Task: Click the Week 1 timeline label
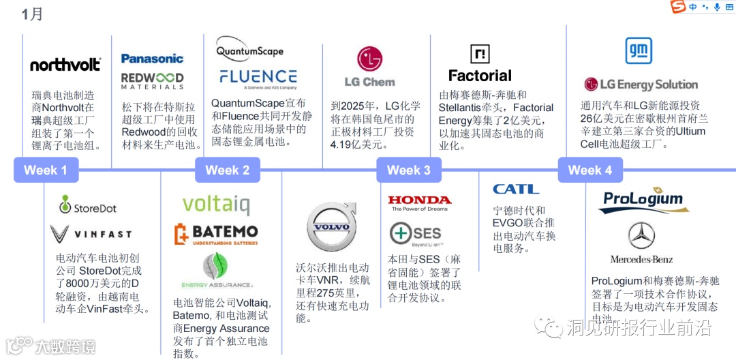coord(46,170)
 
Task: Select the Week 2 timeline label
coord(228,170)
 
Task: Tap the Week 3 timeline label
coord(409,170)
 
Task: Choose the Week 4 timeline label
coord(590,170)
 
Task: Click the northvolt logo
coord(65,65)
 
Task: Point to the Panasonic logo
coord(153,59)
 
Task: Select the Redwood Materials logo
coord(153,80)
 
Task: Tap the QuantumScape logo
coord(249,50)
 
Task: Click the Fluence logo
coord(258,77)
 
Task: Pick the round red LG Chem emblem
coord(370,59)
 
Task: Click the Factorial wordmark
coord(480,76)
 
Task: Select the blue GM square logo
coord(639,51)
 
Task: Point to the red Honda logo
coord(420,200)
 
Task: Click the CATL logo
coord(516,189)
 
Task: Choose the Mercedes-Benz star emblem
coord(641,236)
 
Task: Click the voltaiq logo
coord(216,205)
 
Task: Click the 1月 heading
coord(31,14)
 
